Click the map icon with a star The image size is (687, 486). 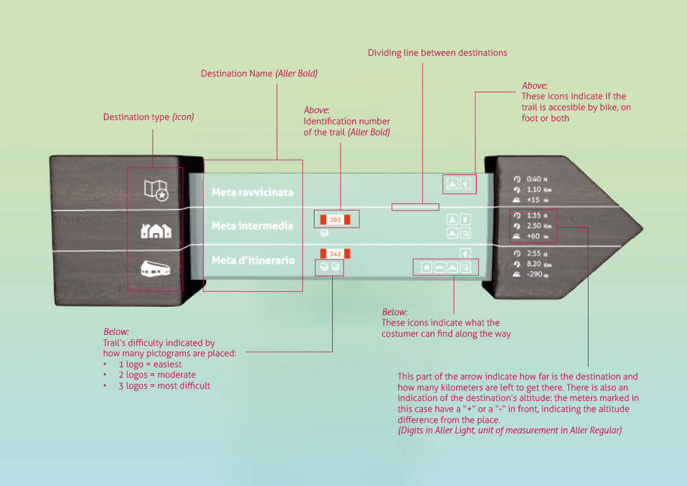(x=156, y=190)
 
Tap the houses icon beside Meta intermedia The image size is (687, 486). (x=156, y=231)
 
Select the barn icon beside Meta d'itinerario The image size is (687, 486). (x=156, y=269)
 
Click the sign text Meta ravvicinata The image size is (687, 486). (x=252, y=192)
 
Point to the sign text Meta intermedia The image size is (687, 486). (x=252, y=226)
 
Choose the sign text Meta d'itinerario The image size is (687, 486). (x=253, y=261)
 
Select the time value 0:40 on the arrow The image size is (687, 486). (x=533, y=179)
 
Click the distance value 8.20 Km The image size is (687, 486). (x=539, y=264)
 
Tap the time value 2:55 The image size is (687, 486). (x=533, y=253)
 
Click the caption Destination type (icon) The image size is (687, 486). (x=148, y=117)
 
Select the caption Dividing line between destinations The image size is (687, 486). (x=437, y=53)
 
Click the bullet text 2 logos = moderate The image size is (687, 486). (x=157, y=375)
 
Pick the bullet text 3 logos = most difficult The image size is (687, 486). (x=164, y=386)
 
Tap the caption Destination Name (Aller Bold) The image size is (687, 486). (x=259, y=73)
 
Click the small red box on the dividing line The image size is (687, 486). (x=415, y=206)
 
